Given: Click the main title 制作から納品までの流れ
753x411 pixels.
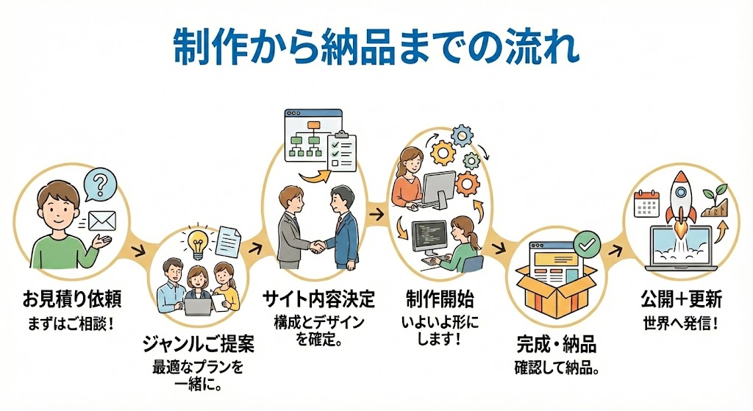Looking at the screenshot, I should [376, 49].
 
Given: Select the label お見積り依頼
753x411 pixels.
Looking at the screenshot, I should [71, 299].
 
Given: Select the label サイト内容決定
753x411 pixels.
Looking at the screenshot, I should [318, 299].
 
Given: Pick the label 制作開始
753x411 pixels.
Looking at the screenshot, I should [439, 299].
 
